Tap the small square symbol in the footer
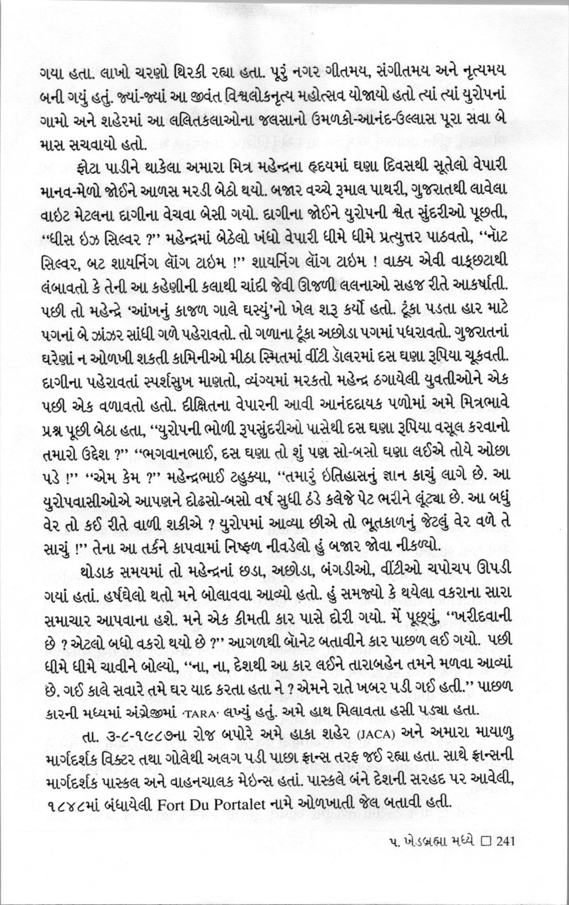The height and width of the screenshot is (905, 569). [x=485, y=842]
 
